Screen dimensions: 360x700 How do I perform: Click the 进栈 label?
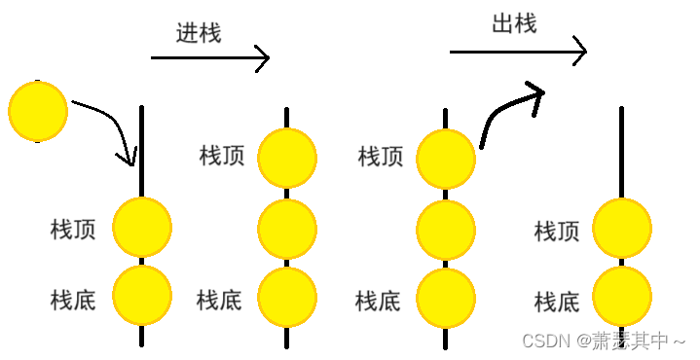click(199, 32)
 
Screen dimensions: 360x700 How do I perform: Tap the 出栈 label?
click(514, 24)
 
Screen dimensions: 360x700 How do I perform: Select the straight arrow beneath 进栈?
click(209, 58)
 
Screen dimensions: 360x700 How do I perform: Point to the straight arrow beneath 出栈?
click(518, 51)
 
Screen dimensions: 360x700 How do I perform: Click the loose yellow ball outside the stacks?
click(38, 111)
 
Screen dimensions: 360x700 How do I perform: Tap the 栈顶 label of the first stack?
click(73, 230)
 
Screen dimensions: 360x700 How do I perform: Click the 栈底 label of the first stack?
click(73, 299)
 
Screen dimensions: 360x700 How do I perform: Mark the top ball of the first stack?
click(142, 227)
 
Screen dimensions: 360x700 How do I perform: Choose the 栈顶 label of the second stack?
click(222, 156)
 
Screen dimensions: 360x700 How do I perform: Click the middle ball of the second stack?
click(287, 229)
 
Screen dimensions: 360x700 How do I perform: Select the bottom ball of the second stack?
click(287, 297)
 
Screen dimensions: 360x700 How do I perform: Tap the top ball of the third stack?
click(446, 158)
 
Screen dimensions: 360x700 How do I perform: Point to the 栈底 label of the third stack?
click(378, 301)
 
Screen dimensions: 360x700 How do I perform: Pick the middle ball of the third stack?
click(446, 231)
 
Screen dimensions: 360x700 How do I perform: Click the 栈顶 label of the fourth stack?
click(557, 232)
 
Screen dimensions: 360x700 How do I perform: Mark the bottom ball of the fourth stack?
click(621, 297)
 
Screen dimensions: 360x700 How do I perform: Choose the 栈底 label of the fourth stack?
click(557, 303)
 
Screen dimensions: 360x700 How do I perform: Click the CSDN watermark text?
click(604, 341)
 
